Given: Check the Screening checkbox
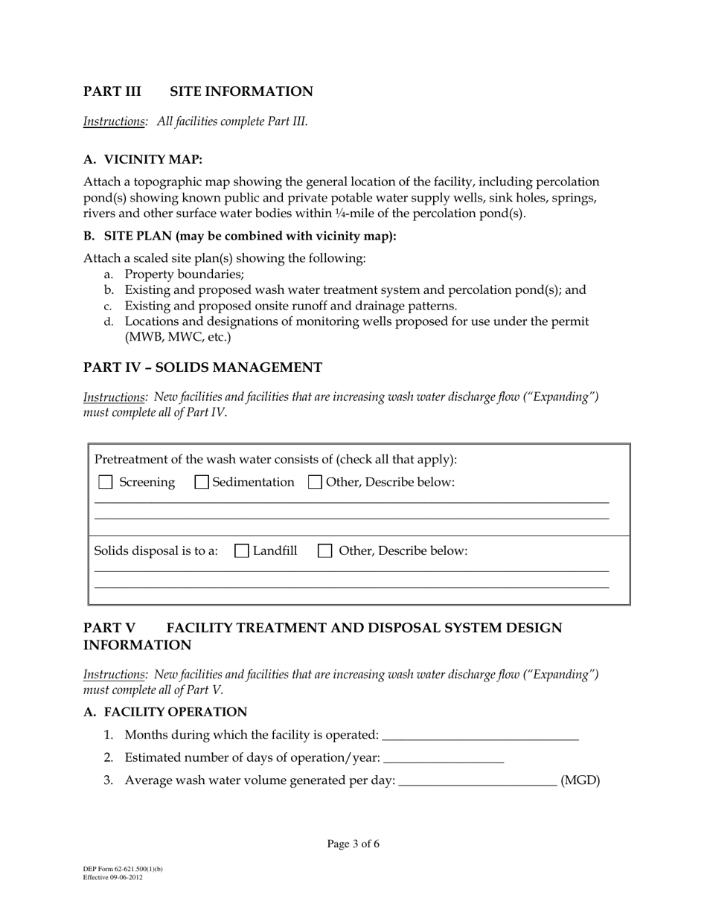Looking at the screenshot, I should [106, 482].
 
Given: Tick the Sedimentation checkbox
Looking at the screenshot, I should [201, 482].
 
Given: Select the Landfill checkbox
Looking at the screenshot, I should [241, 551].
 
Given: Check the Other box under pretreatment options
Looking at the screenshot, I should [315, 482].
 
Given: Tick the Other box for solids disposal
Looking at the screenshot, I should [324, 551].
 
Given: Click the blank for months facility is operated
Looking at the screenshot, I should [479, 735].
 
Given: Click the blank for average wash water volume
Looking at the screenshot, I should [478, 781].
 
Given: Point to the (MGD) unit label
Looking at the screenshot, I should [580, 781].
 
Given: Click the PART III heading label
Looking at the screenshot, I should [112, 91].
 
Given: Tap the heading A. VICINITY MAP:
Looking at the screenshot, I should [143, 160].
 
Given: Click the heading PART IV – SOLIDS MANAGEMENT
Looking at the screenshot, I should [202, 367].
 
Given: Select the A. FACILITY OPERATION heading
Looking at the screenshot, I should [165, 712].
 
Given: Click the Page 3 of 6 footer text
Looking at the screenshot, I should [353, 844].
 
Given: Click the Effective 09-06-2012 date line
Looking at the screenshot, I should [113, 878].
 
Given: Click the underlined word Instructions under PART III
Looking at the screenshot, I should [114, 121].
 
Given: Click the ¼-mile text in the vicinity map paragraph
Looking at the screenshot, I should [381, 213].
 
